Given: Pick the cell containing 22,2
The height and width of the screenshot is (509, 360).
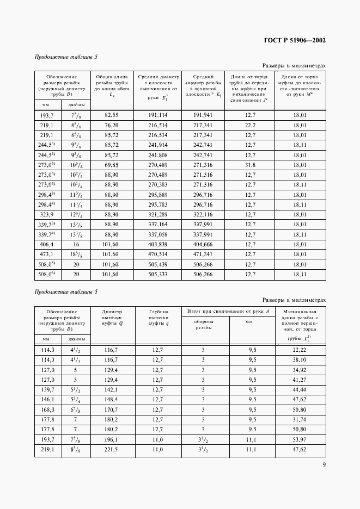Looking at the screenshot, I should pyautogui.click(x=251, y=125).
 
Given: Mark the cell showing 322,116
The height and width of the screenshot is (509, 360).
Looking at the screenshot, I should pyautogui.click(x=204, y=215).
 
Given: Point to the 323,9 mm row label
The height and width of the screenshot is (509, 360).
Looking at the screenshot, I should pyautogui.click(x=44, y=215).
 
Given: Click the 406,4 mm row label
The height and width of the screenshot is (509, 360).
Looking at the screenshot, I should pyautogui.click(x=44, y=245).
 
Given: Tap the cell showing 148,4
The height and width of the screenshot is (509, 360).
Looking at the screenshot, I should pyautogui.click(x=112, y=400).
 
